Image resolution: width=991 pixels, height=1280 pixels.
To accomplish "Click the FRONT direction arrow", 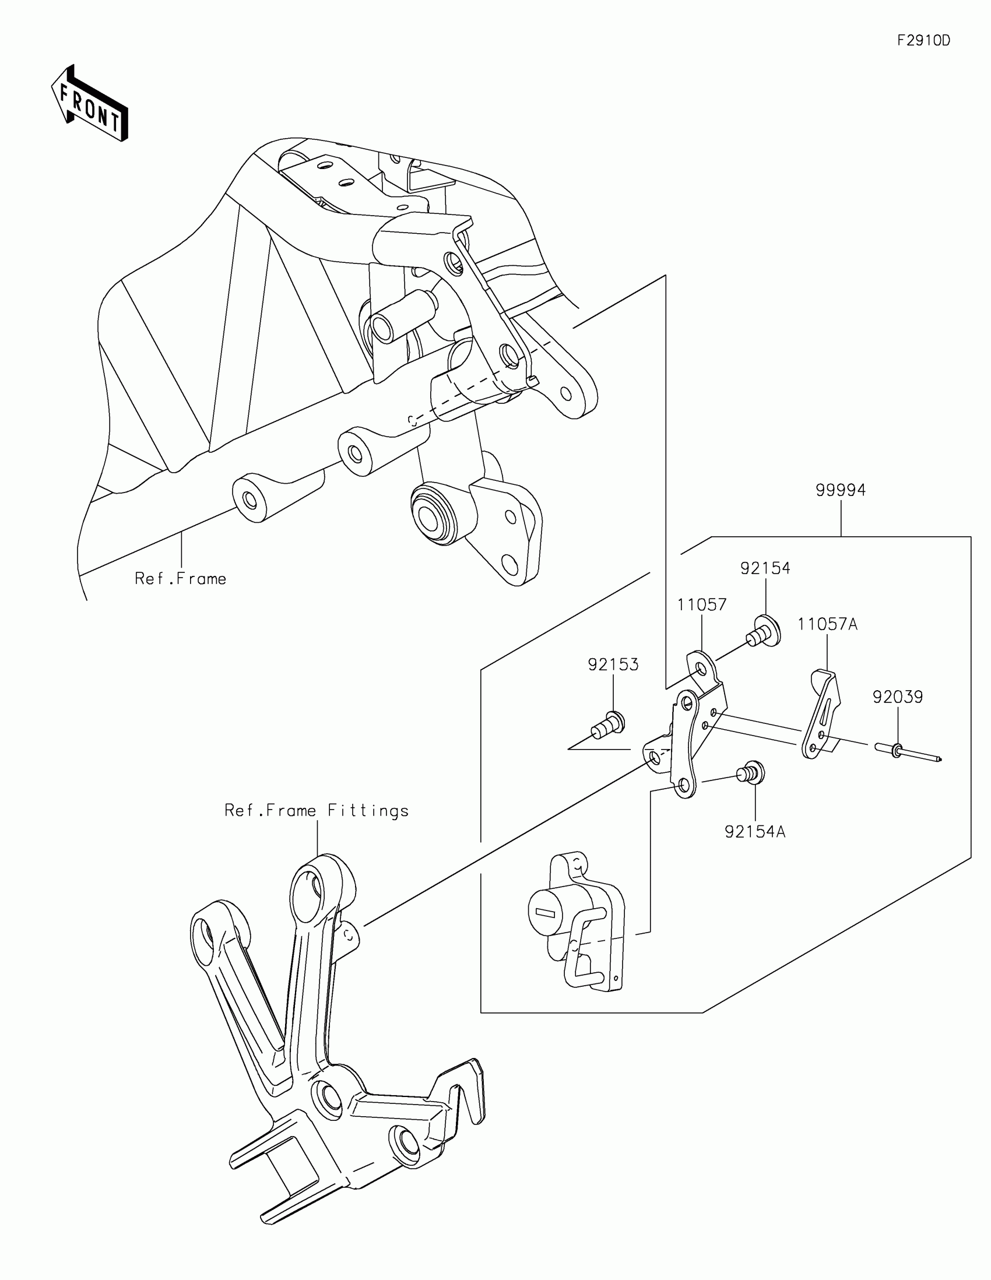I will [x=90, y=103].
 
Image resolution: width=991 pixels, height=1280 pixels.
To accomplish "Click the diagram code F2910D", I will [x=923, y=40].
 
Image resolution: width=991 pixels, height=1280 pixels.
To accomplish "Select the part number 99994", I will [x=841, y=490].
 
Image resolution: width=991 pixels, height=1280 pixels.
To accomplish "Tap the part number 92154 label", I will [x=765, y=568].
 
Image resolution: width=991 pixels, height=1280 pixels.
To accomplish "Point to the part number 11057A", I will [x=827, y=625].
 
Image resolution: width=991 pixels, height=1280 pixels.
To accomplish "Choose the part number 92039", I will [x=897, y=697].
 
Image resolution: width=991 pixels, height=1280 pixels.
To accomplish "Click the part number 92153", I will [x=613, y=664].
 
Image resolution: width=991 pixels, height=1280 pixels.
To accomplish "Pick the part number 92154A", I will [x=755, y=832].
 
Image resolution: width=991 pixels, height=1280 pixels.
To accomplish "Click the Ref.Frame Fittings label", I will [x=317, y=811].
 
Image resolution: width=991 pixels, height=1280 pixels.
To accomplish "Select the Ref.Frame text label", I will [x=181, y=579].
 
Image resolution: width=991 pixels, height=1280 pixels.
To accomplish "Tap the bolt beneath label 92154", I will [x=762, y=631].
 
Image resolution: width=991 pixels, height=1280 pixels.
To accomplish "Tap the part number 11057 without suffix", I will [x=701, y=605].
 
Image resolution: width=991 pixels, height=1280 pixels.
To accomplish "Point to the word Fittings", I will [x=368, y=811].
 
